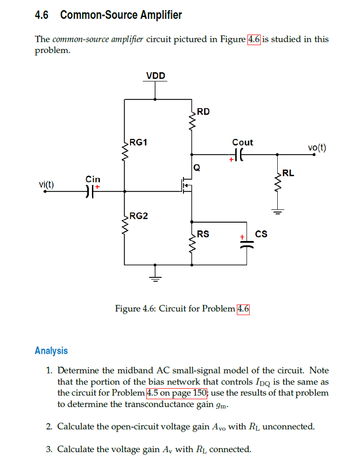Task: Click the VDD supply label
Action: coord(156,76)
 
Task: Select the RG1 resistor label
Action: coord(138,142)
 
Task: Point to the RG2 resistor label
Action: coord(139,216)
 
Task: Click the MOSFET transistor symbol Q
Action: coord(187,185)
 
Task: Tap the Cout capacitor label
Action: coord(242,143)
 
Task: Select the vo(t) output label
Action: coord(317,148)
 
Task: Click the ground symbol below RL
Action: coord(277,212)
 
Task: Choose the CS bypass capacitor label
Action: coord(261,235)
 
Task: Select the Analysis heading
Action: coord(51,351)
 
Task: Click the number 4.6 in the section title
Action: coord(41,15)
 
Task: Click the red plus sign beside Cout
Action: coord(232,160)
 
